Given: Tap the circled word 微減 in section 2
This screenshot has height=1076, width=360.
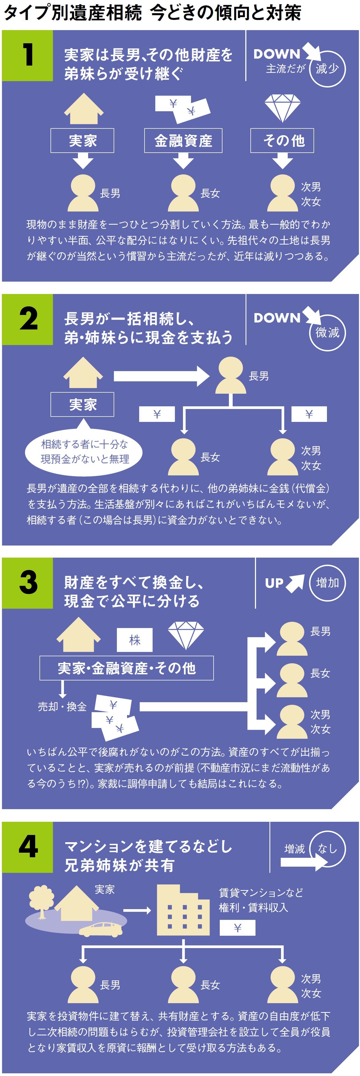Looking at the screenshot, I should click(327, 332).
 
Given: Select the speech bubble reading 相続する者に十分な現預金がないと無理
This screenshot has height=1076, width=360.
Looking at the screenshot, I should click(84, 451).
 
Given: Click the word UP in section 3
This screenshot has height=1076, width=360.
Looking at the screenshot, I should click(274, 583).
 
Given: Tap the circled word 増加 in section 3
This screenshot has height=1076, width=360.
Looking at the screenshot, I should click(327, 583).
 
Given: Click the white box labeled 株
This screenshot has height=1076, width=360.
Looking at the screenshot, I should click(135, 640).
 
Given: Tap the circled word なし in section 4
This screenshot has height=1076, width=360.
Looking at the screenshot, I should click(327, 848).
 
